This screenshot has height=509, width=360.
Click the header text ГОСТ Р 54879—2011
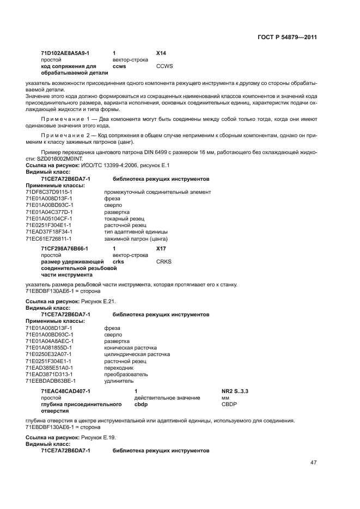point(287,38)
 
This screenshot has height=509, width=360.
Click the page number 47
point(314,463)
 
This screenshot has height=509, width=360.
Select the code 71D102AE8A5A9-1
point(65,53)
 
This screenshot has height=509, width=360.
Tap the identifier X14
point(161,53)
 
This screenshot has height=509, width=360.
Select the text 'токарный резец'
point(122,218)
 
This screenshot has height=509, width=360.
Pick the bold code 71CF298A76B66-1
point(64,248)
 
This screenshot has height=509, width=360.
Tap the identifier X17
point(161,248)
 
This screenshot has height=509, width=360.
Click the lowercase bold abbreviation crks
point(118,261)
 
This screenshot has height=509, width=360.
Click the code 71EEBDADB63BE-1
point(50,381)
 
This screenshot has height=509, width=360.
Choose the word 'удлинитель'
point(118,381)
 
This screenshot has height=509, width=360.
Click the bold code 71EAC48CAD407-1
point(65,391)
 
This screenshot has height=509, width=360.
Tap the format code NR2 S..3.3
point(234,391)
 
